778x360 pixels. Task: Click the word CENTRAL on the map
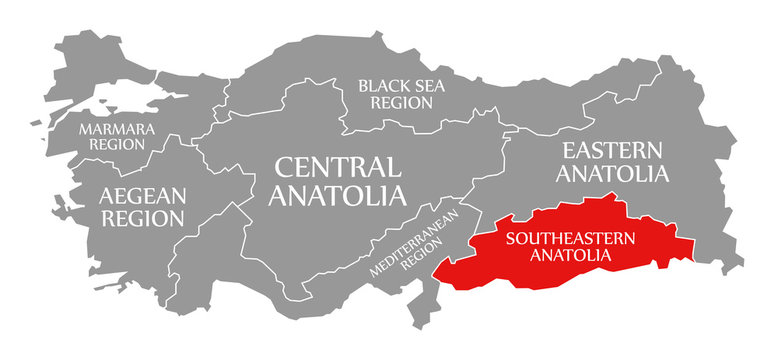pyautogui.click(x=334, y=166)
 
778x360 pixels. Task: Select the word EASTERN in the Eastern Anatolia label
pyautogui.click(x=612, y=150)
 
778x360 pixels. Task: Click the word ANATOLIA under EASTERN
pyautogui.click(x=612, y=174)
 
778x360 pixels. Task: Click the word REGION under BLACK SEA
pyautogui.click(x=401, y=103)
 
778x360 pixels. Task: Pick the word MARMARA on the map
pyautogui.click(x=117, y=129)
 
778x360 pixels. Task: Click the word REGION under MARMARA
pyautogui.click(x=117, y=145)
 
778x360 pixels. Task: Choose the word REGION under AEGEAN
pyautogui.click(x=141, y=217)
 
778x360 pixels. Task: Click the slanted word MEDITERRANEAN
pyautogui.click(x=412, y=244)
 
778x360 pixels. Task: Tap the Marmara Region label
pyautogui.click(x=117, y=137)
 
